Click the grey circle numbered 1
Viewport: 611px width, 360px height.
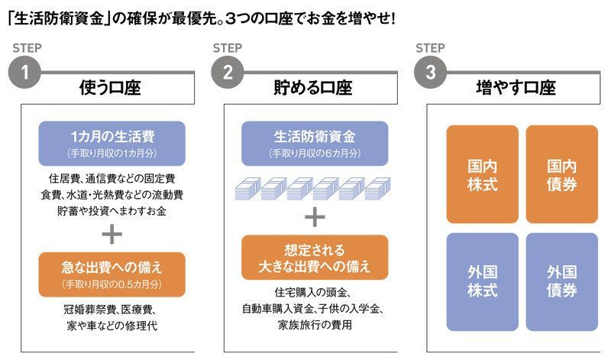pyautogui.click(x=24, y=74)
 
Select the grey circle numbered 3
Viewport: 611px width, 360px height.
pyautogui.click(x=430, y=74)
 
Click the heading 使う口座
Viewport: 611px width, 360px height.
pyautogui.click(x=111, y=88)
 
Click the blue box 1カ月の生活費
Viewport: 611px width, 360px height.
pyautogui.click(x=112, y=143)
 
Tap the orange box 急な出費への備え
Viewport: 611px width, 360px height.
pyautogui.click(x=112, y=274)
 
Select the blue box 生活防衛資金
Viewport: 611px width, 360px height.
pyautogui.click(x=315, y=143)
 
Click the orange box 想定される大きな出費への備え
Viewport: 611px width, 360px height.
pyautogui.click(x=315, y=258)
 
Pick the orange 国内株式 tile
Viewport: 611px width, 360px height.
pyautogui.click(x=482, y=174)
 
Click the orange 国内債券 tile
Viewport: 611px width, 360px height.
pyautogui.click(x=561, y=174)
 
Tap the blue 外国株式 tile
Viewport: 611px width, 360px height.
pyautogui.click(x=482, y=281)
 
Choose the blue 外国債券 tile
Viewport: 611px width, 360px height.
pyautogui.click(x=561, y=281)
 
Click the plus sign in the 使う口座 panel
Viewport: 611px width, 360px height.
pyautogui.click(x=112, y=231)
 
